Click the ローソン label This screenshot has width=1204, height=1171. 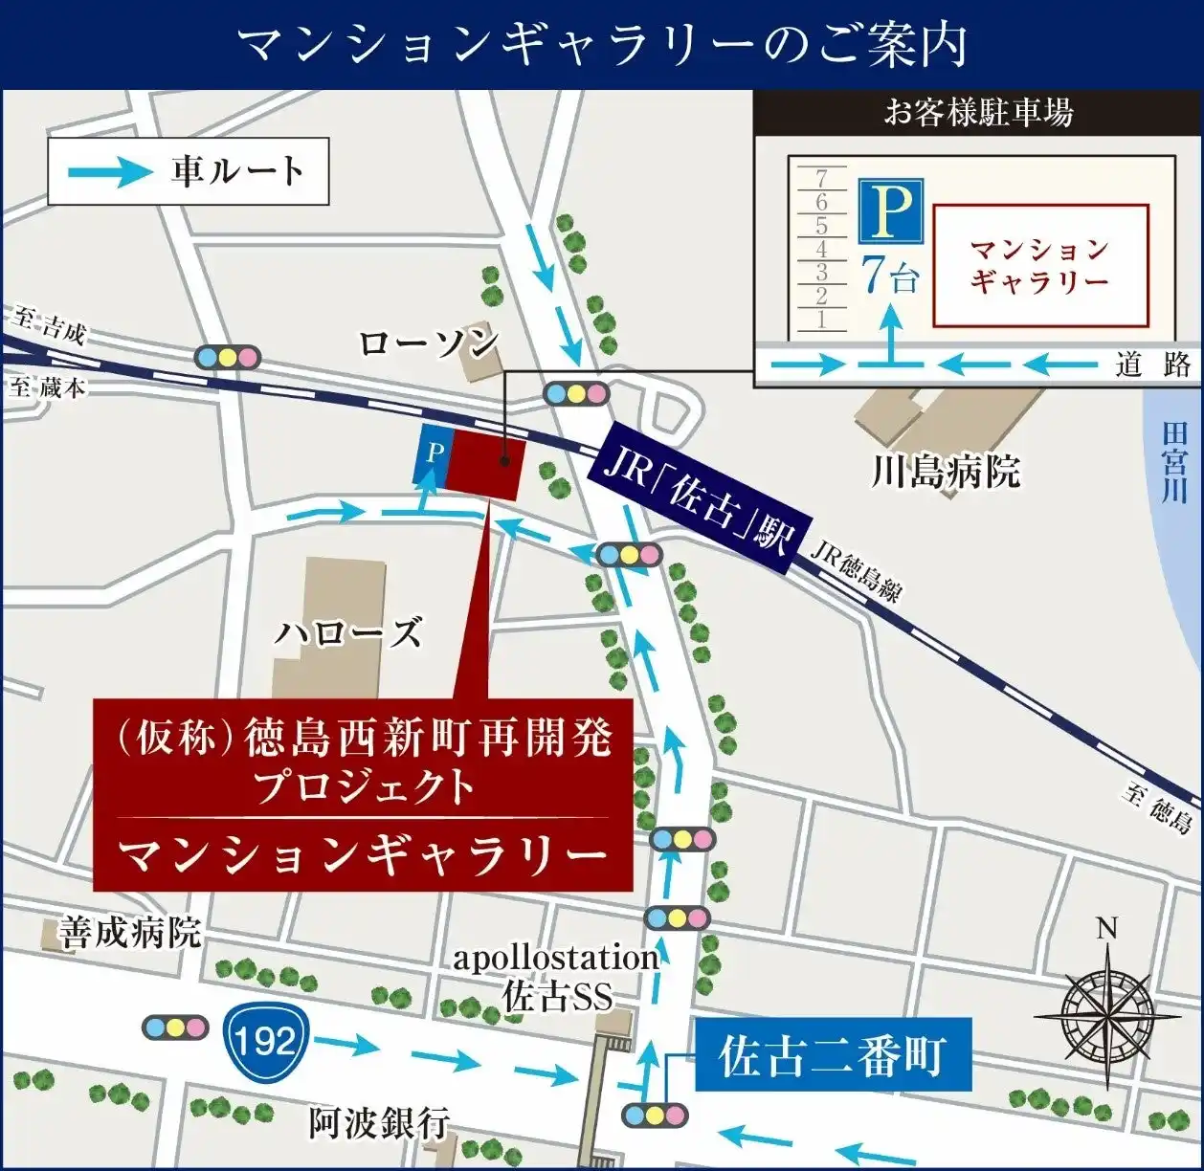pyautogui.click(x=429, y=342)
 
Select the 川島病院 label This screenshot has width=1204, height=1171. pyautogui.click(x=945, y=471)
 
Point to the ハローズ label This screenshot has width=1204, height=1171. pyautogui.click(x=348, y=632)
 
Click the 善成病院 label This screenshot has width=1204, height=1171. pyautogui.click(x=129, y=931)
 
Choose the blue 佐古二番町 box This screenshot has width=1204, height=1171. pyautogui.click(x=832, y=1056)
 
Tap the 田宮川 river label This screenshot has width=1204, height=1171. pyautogui.click(x=1174, y=462)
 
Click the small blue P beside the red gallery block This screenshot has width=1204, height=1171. pyautogui.click(x=435, y=453)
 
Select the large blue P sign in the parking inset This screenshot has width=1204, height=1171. pyautogui.click(x=890, y=210)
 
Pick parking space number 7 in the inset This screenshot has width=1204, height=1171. pyautogui.click(x=821, y=178)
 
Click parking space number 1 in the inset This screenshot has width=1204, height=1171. pyautogui.click(x=821, y=320)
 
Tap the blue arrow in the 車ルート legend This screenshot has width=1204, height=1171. pyautogui.click(x=110, y=172)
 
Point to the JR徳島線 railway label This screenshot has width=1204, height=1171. pyautogui.click(x=856, y=572)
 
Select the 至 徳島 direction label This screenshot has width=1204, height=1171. pyautogui.click(x=1159, y=806)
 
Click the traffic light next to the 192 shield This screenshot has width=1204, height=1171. pyautogui.click(x=175, y=1027)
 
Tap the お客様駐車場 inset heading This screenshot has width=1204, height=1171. pyautogui.click(x=977, y=114)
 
